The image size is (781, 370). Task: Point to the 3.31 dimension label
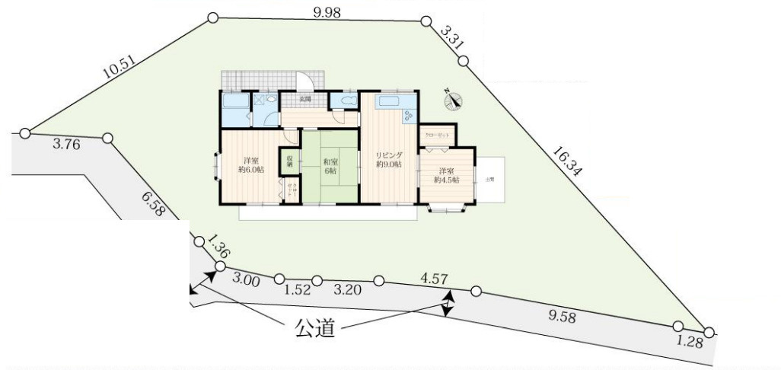tap(452, 37)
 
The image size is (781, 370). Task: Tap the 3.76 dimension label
tap(67, 144)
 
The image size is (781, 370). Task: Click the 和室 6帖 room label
tap(330, 166)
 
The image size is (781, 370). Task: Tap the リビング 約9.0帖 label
tap(388, 160)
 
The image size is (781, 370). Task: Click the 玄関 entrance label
tap(304, 99)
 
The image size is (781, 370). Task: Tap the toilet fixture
tap(347, 101)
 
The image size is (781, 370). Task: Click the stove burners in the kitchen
tap(408, 116)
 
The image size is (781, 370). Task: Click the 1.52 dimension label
tap(296, 290)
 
